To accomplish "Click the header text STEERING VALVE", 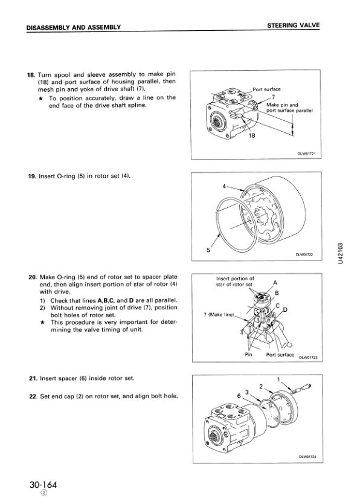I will tap(293, 26).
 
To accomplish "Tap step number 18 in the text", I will tap(31, 74).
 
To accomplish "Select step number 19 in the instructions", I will tap(31, 176).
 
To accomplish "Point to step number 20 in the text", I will tap(32, 277).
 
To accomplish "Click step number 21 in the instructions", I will tap(32, 378).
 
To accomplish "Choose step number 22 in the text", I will tap(32, 396).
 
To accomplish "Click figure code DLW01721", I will tap(306, 153).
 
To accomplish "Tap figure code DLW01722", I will tap(306, 254).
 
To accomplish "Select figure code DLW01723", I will tap(308, 357).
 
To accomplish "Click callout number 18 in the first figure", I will tap(253, 136).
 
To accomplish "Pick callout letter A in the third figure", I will tap(275, 282).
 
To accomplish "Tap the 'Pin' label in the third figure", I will tap(248, 355).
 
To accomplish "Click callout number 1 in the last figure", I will tap(278, 379).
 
